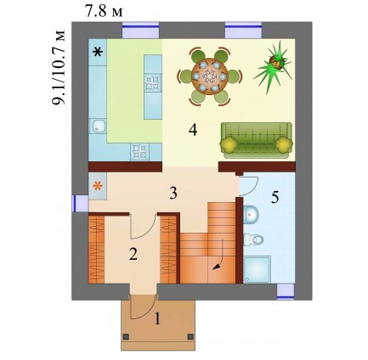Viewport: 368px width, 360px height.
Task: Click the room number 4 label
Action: (x=193, y=130)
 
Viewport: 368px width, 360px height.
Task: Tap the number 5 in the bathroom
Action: (x=275, y=197)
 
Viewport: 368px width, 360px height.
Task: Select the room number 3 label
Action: (x=173, y=194)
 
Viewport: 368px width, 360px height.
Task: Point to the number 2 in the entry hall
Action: (x=133, y=254)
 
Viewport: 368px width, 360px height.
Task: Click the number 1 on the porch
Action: (x=157, y=319)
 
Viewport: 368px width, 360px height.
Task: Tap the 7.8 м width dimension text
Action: (x=105, y=12)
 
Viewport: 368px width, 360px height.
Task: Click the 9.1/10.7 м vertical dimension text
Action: (x=59, y=67)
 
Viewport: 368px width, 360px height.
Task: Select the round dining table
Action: (x=210, y=76)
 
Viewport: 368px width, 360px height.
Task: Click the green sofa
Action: (x=256, y=140)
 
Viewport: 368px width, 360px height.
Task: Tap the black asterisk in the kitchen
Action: (x=98, y=52)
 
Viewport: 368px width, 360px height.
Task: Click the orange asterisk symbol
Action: (x=98, y=186)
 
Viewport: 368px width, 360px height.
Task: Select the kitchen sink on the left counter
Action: (x=98, y=127)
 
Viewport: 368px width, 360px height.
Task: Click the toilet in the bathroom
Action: (x=254, y=240)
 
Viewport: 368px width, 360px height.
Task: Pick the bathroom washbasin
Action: (x=251, y=215)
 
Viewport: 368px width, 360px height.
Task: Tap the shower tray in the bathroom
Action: (x=258, y=269)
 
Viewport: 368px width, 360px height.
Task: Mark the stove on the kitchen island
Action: (x=153, y=82)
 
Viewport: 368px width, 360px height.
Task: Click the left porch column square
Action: (x=126, y=336)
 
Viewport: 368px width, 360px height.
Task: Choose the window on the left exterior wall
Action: (x=80, y=204)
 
